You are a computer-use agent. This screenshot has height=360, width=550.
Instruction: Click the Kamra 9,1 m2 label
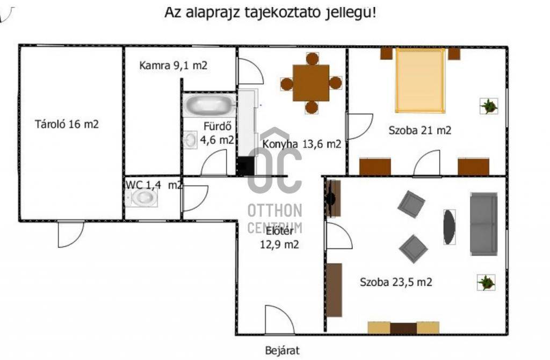tap(173, 65)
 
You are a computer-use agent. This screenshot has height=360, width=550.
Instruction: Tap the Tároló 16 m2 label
tap(67, 124)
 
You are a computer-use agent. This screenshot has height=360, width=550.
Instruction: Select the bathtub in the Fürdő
tap(209, 105)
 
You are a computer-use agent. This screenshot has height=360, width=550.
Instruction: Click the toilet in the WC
tap(142, 198)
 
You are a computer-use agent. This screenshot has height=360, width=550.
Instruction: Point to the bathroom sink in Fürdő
tap(191, 140)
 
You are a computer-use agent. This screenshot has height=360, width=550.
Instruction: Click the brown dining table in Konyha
tap(311, 83)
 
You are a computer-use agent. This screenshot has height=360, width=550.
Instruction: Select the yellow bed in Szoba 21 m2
tap(420, 81)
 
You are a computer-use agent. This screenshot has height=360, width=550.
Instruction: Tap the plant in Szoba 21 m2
tap(489, 106)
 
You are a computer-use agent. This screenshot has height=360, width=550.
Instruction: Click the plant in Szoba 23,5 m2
tap(486, 282)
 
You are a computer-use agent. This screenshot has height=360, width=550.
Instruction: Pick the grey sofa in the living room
tap(484, 224)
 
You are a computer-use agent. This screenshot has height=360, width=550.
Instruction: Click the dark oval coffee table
tap(450, 227)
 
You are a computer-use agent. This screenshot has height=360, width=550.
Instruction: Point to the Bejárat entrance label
tap(283, 350)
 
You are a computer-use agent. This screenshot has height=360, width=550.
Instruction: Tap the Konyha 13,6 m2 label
tap(302, 144)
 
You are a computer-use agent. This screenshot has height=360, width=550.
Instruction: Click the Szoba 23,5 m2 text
tap(396, 282)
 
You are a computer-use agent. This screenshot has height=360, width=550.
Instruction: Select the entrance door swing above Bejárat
tap(279, 320)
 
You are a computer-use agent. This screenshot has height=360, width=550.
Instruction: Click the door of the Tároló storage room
tap(71, 234)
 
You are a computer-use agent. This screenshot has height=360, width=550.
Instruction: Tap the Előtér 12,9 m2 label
tap(279, 237)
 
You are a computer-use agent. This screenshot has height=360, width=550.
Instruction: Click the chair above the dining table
tap(312, 59)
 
